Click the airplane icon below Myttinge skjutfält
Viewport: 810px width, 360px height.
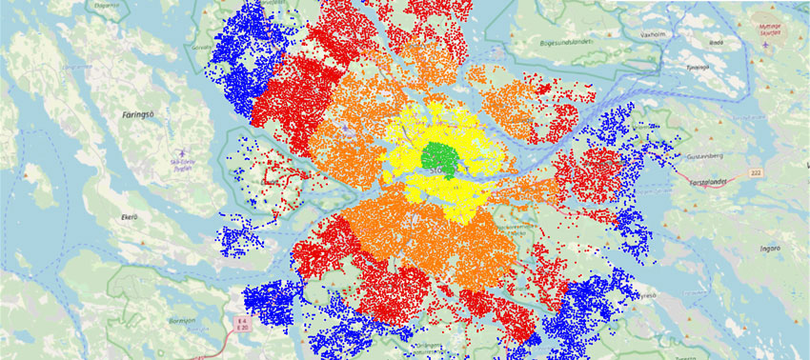[x=769, y=44]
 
